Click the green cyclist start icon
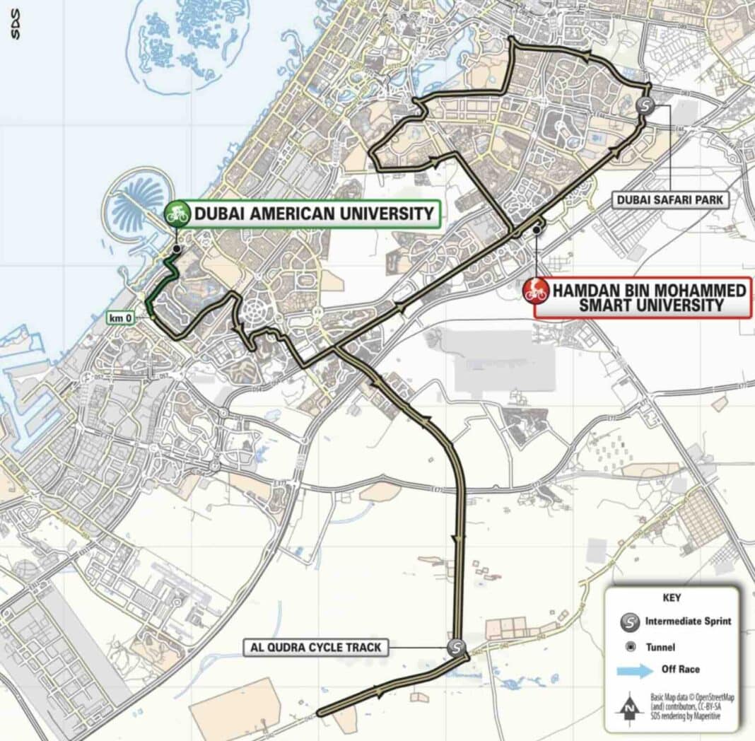click(x=177, y=213)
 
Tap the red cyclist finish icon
click(x=536, y=291)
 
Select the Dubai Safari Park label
click(x=670, y=200)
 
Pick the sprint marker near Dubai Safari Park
click(x=645, y=105)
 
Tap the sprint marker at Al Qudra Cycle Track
click(x=457, y=646)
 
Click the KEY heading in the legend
click(x=672, y=598)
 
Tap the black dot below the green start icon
click(x=176, y=249)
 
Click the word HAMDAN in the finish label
click(x=590, y=291)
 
